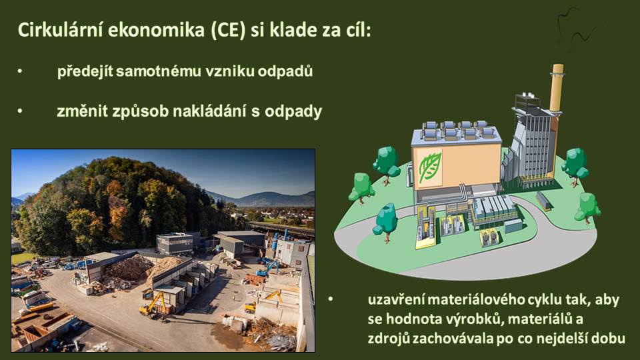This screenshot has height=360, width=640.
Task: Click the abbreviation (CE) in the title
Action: (x=228, y=30)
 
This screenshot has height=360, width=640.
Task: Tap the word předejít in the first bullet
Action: (x=85, y=71)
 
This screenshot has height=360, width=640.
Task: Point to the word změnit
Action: (x=82, y=111)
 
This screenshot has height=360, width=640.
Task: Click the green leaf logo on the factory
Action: (x=430, y=167)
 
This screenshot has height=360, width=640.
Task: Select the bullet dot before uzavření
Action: (x=331, y=299)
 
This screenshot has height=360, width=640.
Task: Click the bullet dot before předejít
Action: (x=20, y=71)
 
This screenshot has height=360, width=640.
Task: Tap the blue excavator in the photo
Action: (x=268, y=268)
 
